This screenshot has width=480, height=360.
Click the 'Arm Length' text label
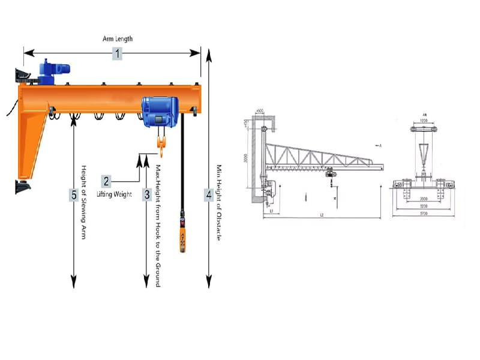(x=117, y=39)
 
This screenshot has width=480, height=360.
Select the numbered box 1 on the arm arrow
(x=117, y=54)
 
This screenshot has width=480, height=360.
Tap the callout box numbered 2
(x=106, y=181)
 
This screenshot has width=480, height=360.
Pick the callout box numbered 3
(x=146, y=194)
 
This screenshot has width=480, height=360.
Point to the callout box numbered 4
(x=208, y=194)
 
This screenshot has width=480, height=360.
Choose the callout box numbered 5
(x=73, y=195)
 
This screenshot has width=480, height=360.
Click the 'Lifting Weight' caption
(x=114, y=194)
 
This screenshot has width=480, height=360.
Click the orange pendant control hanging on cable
(x=180, y=238)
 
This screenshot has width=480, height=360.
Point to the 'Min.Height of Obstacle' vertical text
(x=219, y=202)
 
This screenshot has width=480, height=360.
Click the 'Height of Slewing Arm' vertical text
(x=84, y=202)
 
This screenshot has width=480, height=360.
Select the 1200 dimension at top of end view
(x=425, y=121)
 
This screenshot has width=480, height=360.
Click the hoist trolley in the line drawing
(x=329, y=175)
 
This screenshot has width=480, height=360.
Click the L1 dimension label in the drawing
(x=272, y=211)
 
